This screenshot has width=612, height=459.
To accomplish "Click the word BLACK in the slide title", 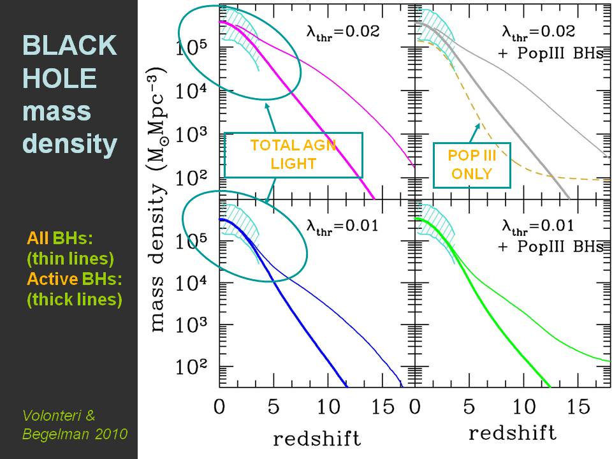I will coord(70,46).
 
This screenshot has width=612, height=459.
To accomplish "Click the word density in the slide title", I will coord(70,145).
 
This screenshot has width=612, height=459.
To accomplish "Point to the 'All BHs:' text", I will coord(60,238).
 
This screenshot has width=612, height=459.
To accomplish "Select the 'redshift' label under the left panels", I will coord(317,439).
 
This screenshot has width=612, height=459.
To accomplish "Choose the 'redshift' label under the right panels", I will coord(513,433).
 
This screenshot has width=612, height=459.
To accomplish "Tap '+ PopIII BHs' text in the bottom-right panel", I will coord(550,247).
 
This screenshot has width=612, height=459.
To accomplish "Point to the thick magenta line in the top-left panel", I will coord(319,127).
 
